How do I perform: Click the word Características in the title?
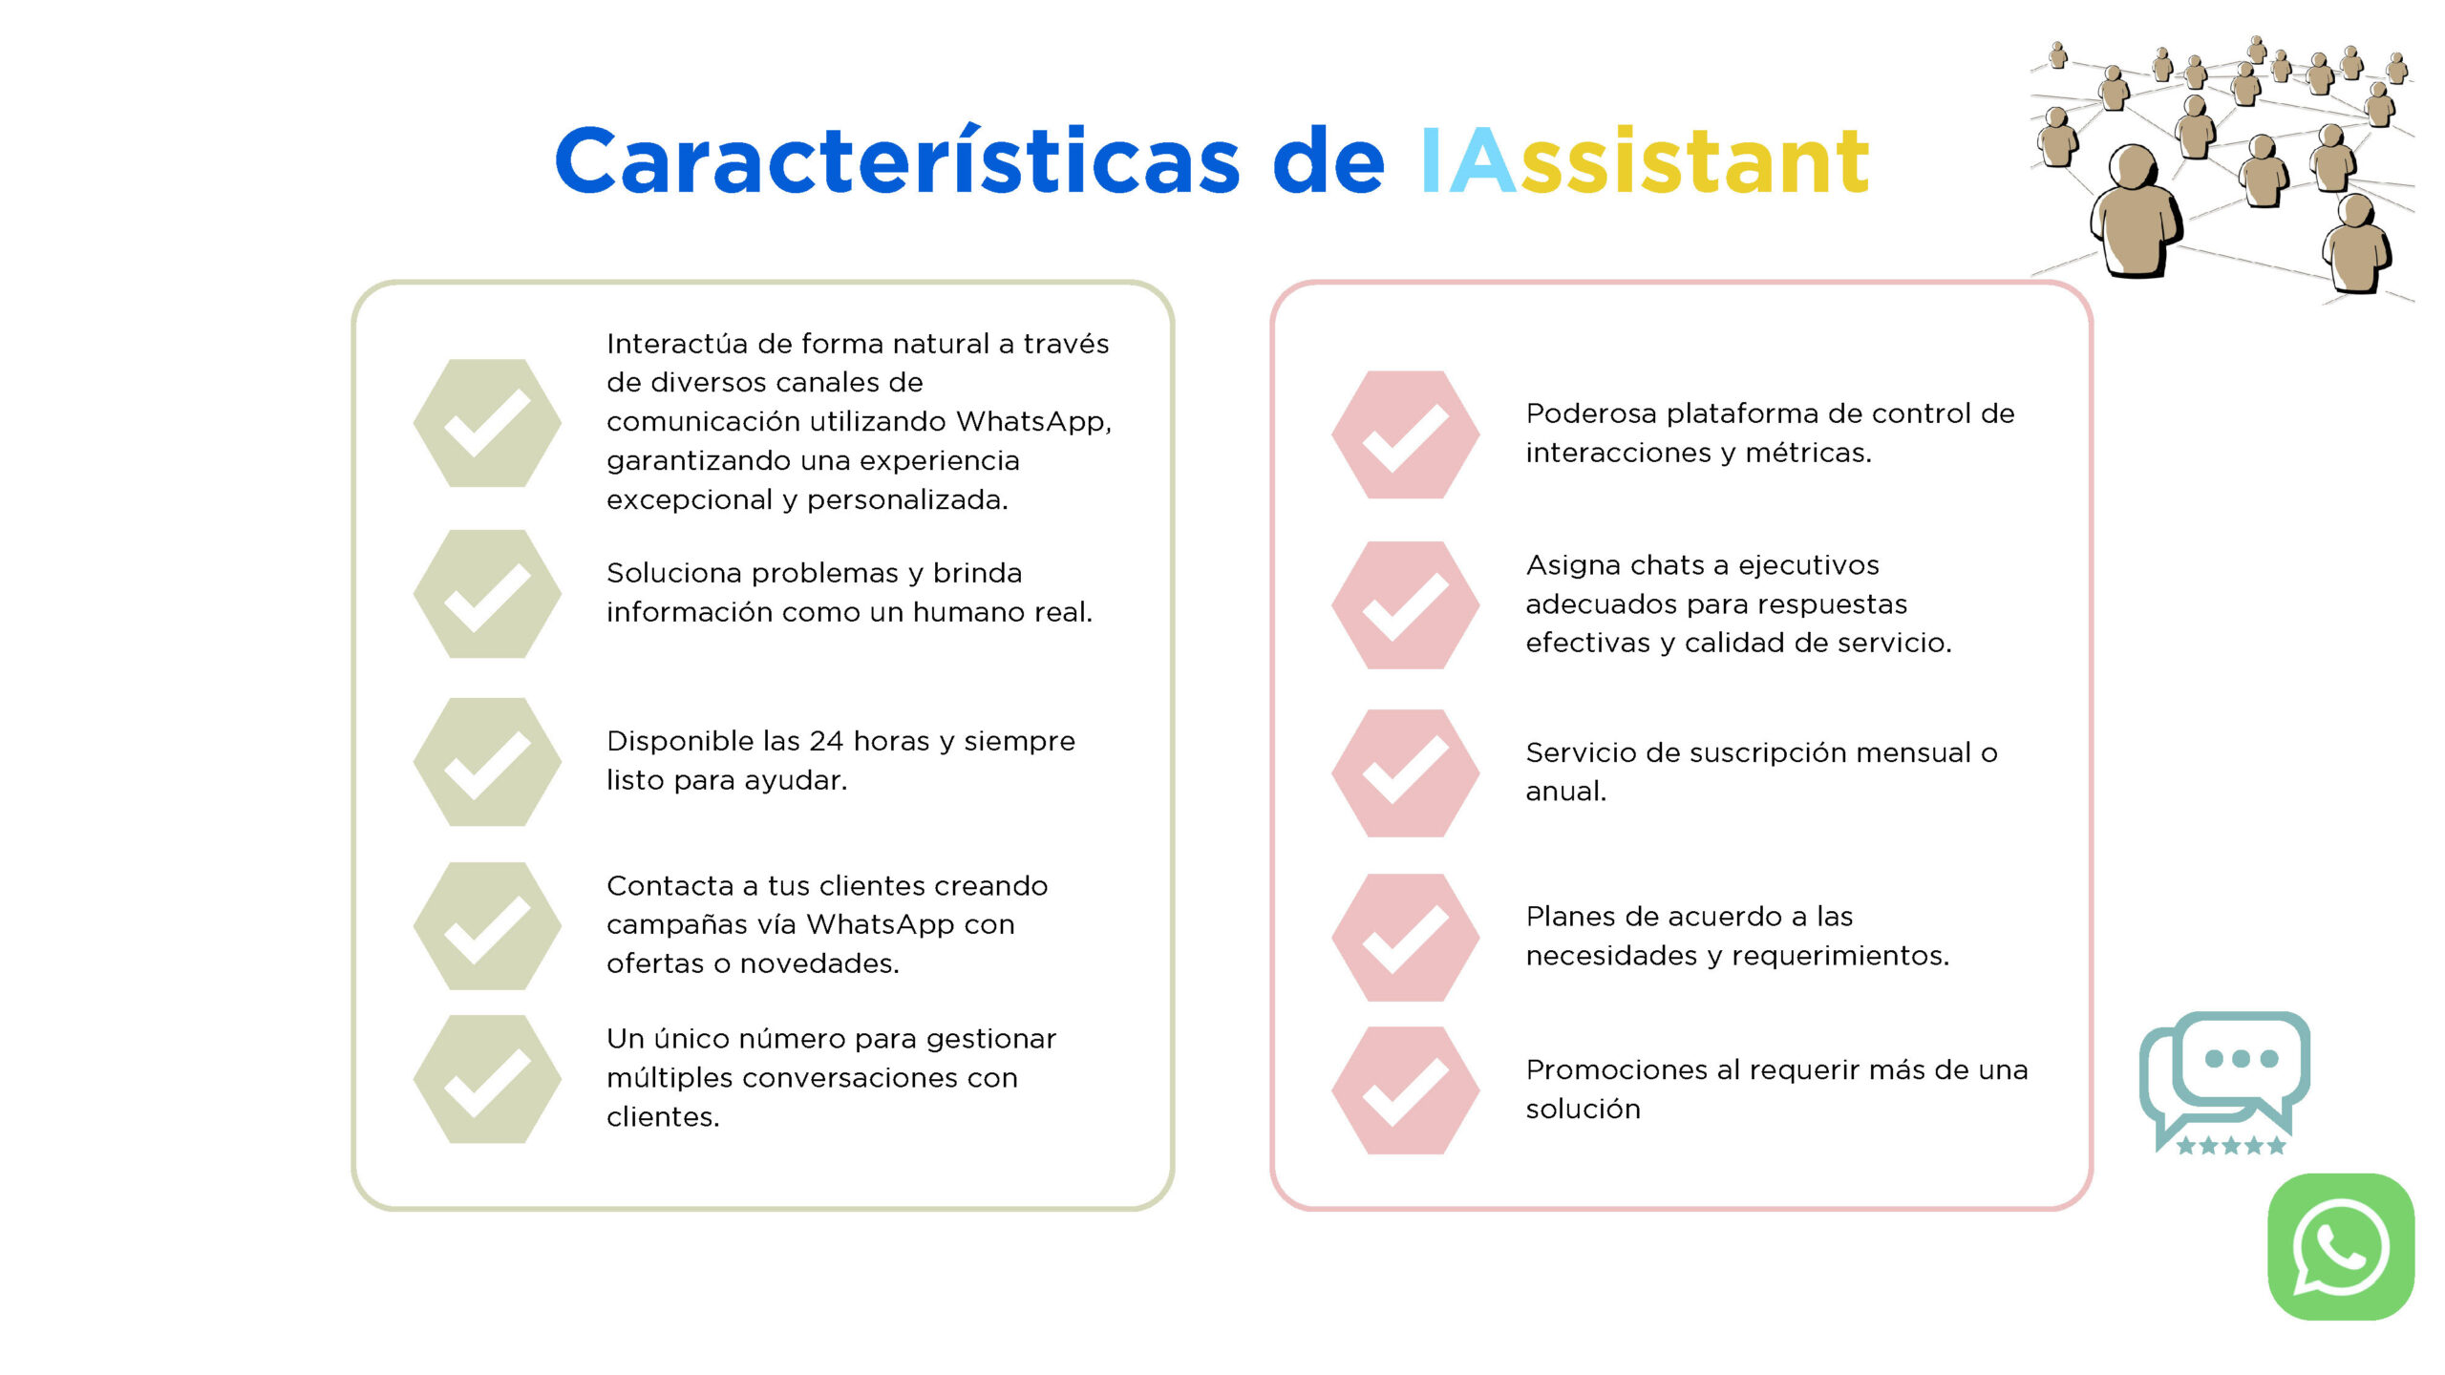(x=897, y=159)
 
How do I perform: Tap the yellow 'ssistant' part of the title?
(x=1694, y=161)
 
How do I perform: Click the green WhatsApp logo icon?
(x=2341, y=1246)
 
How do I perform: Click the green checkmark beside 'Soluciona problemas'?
(x=487, y=594)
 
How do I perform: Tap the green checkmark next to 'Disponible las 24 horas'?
(x=487, y=762)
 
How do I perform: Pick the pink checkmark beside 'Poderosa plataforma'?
(x=1406, y=434)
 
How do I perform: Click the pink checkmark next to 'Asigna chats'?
(x=1406, y=605)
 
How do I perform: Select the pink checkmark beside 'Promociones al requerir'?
(x=1406, y=1090)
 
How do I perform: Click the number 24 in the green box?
(x=826, y=741)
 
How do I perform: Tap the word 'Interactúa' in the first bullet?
(x=675, y=343)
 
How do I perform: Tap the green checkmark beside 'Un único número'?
(x=487, y=1079)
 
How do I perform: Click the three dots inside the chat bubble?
(x=2242, y=1058)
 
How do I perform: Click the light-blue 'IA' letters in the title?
(x=1467, y=161)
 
